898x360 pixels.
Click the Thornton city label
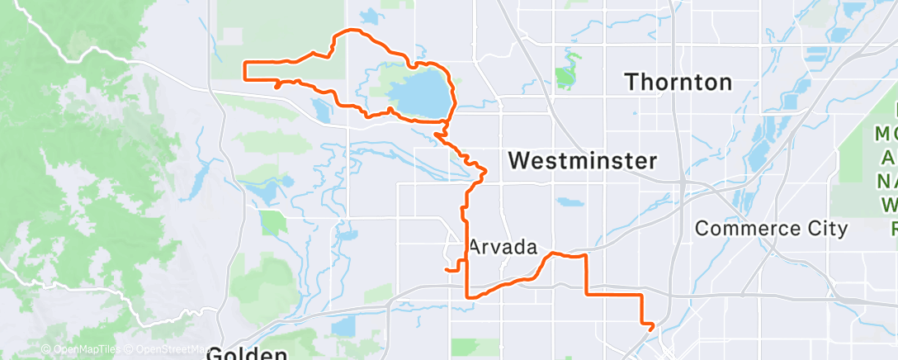pyautogui.click(x=678, y=82)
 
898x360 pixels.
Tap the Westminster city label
pyautogui.click(x=582, y=161)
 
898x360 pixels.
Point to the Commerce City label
pyautogui.click(x=771, y=228)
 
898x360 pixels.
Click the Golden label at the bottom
pyautogui.click(x=246, y=354)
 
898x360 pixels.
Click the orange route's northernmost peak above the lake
pyautogui.click(x=351, y=31)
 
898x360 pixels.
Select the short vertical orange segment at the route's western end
pyautogui.click(x=245, y=71)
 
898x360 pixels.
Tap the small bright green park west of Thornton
pyautogui.click(x=565, y=78)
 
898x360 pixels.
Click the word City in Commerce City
pyautogui.click(x=821, y=228)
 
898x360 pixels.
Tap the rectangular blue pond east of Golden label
pyautogui.click(x=343, y=326)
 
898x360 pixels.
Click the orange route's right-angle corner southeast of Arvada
pyautogui.click(x=586, y=294)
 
